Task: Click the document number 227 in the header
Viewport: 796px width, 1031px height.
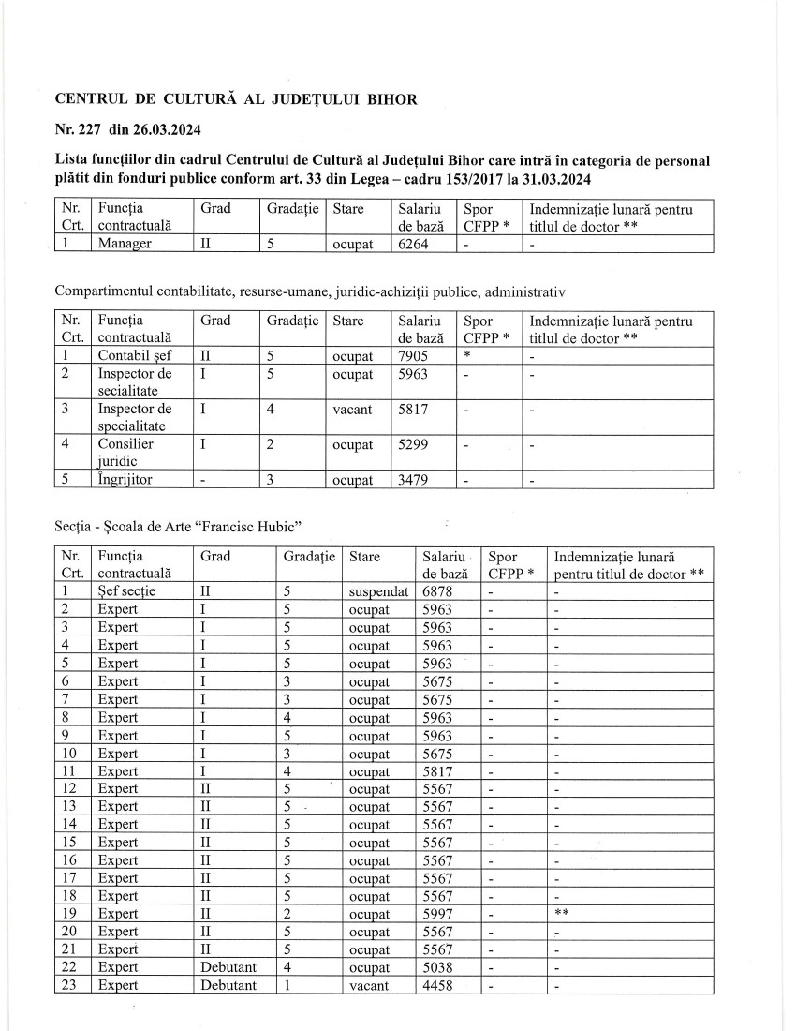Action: pos(90,129)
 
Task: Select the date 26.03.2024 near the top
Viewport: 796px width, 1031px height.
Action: pos(170,129)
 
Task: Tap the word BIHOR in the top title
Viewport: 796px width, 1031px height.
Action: pos(388,99)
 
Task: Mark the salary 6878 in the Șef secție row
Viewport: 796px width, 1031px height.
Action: pos(438,591)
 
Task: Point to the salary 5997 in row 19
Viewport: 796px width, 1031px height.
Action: pos(438,914)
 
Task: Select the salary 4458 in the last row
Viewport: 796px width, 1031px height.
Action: pos(438,985)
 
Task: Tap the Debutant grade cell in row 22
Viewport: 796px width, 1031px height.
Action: pos(228,967)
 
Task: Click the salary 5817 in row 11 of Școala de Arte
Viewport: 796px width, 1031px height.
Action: pos(438,770)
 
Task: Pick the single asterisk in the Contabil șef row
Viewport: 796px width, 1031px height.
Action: pos(466,355)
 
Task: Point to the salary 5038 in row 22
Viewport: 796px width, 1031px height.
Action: pos(438,967)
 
